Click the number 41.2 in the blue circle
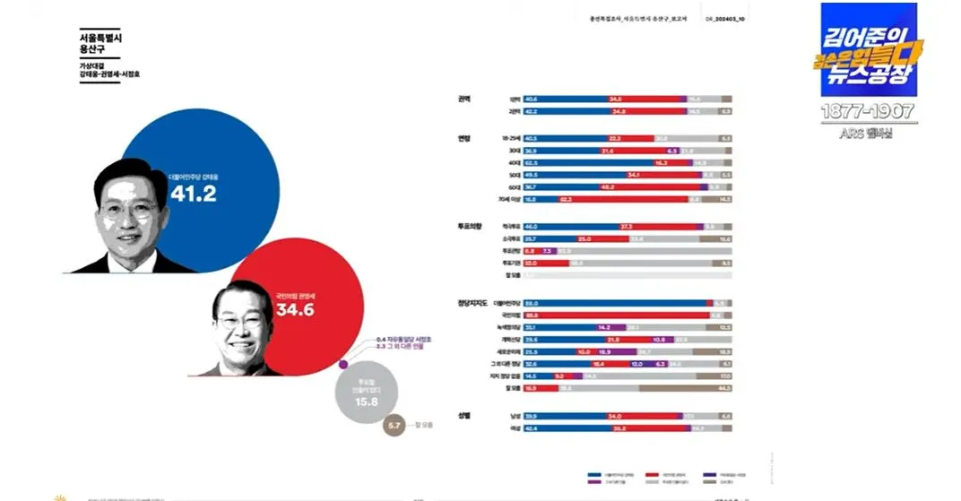(x=193, y=194)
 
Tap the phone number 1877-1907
(x=868, y=111)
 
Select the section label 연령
(x=463, y=138)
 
